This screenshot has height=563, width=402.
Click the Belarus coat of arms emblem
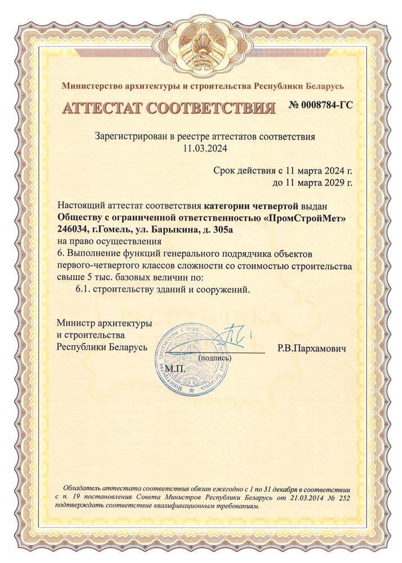[x=201, y=47]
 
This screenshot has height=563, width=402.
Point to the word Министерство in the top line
[x=93, y=86]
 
